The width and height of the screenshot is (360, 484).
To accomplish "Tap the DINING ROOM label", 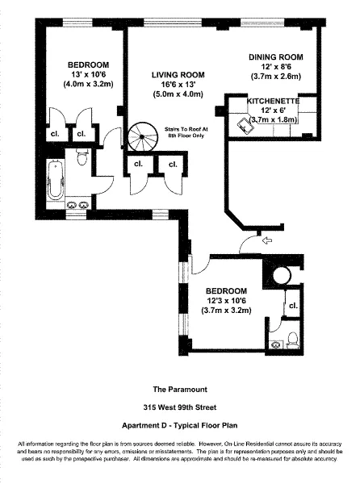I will tap(274, 56).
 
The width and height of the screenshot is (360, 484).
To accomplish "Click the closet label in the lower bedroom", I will tap(293, 307).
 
